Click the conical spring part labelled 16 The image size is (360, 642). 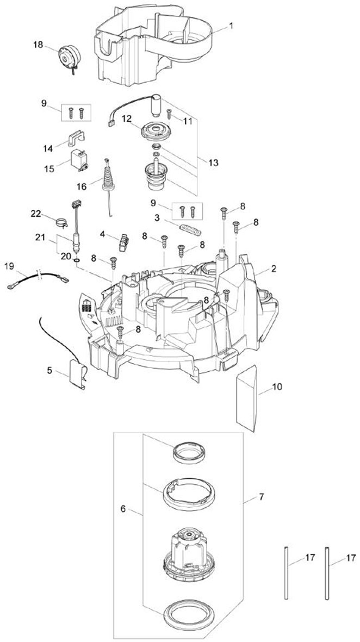coord(109,177)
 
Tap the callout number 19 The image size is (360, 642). coord(8,266)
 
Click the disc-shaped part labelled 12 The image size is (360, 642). coord(157,130)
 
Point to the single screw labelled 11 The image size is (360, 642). coord(170,114)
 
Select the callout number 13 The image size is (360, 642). coord(213,162)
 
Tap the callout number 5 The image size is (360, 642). coord(50,371)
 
